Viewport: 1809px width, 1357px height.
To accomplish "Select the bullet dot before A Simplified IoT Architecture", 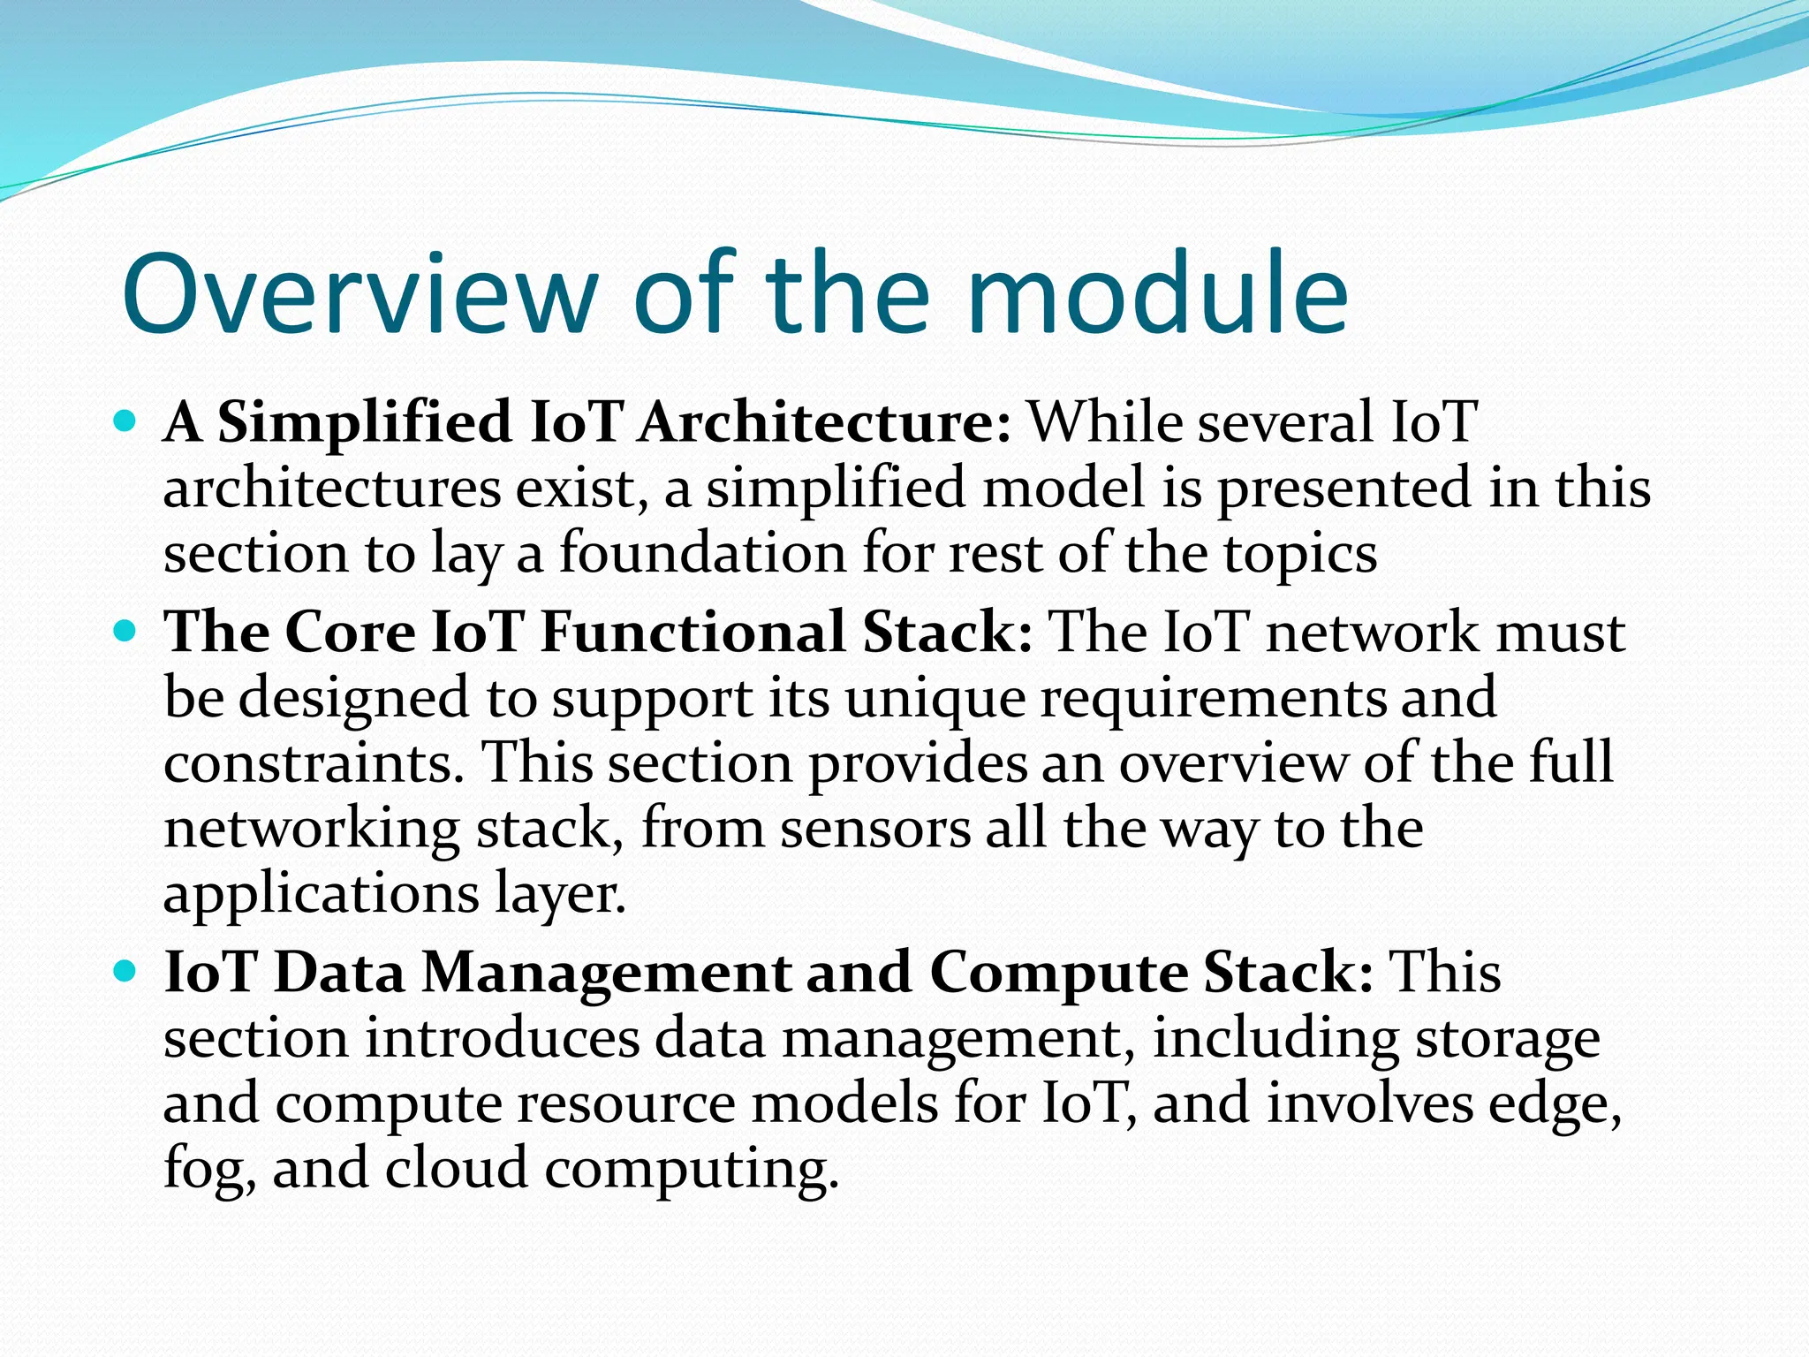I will coord(125,421).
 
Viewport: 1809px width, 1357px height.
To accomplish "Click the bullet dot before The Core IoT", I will coord(125,631).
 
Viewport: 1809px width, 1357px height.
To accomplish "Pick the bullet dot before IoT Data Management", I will coord(125,972).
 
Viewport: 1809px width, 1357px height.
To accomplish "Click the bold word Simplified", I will coord(364,422).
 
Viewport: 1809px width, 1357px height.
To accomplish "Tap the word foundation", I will coord(702,553).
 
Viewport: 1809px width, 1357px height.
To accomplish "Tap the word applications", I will coord(321,896).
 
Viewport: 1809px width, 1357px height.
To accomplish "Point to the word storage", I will coord(1507,1041).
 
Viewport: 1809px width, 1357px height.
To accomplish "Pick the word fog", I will coord(208,1171).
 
